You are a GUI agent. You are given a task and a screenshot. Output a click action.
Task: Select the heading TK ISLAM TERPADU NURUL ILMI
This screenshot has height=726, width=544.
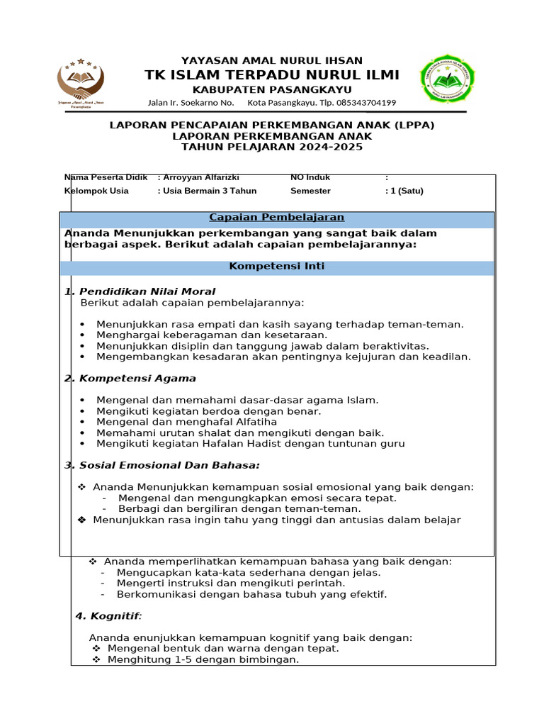272,75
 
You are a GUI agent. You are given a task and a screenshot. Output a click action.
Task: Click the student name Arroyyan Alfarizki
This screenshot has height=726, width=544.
201,177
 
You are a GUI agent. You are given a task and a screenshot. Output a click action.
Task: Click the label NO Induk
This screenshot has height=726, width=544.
310,177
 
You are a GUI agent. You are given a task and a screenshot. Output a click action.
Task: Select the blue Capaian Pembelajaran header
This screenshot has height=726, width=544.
276,217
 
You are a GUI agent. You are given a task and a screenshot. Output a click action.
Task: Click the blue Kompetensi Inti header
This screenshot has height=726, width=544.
276,267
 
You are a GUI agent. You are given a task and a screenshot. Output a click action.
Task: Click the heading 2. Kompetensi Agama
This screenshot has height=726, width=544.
130,379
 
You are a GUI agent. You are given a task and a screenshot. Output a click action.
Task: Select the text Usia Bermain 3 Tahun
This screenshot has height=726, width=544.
210,191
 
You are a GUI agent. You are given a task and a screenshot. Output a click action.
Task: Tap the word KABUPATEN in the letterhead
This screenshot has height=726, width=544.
225,89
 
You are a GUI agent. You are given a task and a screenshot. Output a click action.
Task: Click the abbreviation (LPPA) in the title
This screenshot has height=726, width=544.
413,125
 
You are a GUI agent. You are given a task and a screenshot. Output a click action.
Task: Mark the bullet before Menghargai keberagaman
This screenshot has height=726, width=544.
82,335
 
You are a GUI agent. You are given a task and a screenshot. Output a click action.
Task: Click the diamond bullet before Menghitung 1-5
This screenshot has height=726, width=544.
96,660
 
